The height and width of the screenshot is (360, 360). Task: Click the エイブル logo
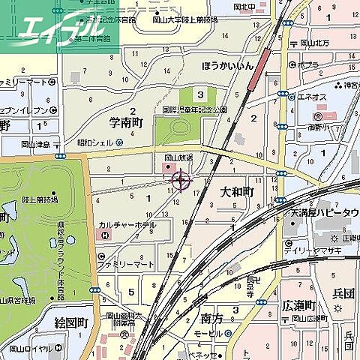point(56,30)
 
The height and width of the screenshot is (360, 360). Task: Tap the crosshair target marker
point(181,179)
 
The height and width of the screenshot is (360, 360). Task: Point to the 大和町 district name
point(237,193)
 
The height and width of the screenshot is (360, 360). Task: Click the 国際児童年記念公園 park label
point(194,109)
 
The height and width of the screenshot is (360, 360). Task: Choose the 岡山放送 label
point(178,157)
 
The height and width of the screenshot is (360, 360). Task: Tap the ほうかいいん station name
point(228,66)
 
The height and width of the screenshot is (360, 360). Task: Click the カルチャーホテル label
point(131,224)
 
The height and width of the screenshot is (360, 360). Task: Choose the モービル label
point(208,332)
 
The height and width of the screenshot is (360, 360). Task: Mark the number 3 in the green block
point(200,94)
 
